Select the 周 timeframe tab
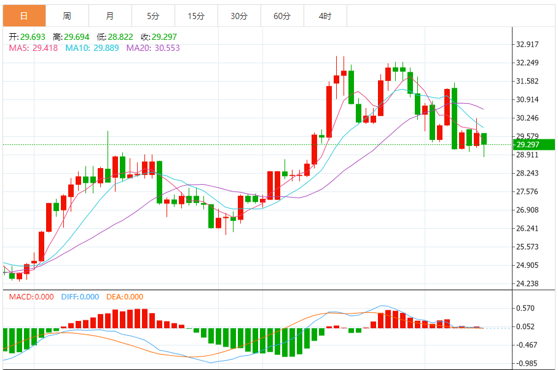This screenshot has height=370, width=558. click(x=67, y=16)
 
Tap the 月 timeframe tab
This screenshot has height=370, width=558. click(x=110, y=16)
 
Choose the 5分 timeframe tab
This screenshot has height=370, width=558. click(x=153, y=16)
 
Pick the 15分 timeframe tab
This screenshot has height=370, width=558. click(x=196, y=16)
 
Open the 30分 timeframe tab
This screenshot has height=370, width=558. click(x=239, y=16)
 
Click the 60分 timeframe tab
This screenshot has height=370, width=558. click(x=282, y=16)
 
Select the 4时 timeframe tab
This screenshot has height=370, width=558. click(x=325, y=16)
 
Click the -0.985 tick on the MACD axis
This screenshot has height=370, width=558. click(x=527, y=363)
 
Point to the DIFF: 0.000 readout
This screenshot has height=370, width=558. click(x=80, y=297)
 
